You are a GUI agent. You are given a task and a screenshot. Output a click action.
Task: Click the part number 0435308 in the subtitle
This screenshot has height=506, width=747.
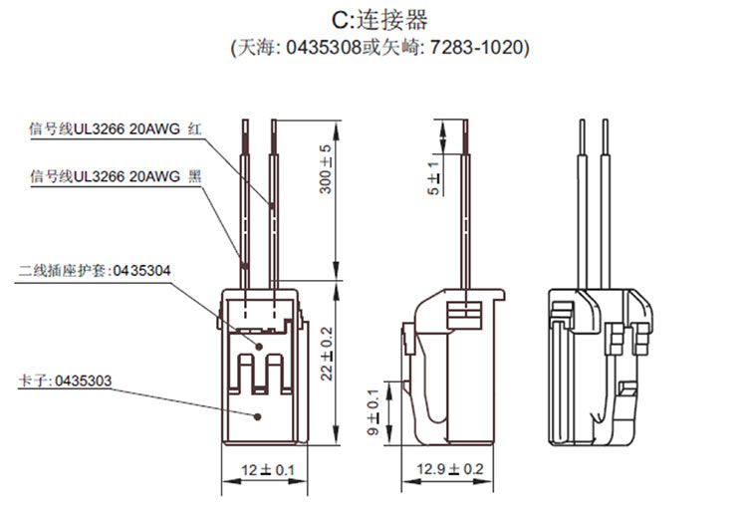[x=315, y=48]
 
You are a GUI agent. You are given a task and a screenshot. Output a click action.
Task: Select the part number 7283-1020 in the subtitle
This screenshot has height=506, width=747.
[x=480, y=48]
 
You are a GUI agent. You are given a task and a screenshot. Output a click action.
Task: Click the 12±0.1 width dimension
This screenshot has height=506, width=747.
[x=258, y=468]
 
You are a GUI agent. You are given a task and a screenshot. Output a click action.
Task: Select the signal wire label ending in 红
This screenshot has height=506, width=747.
[x=117, y=129]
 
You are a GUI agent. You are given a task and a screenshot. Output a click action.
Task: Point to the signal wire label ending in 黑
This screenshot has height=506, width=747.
[x=117, y=177]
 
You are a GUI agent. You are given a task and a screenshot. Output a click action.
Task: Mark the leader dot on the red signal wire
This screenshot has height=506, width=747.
[x=271, y=205]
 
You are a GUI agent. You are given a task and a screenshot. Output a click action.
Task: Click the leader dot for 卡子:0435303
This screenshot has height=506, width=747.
[x=259, y=415]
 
